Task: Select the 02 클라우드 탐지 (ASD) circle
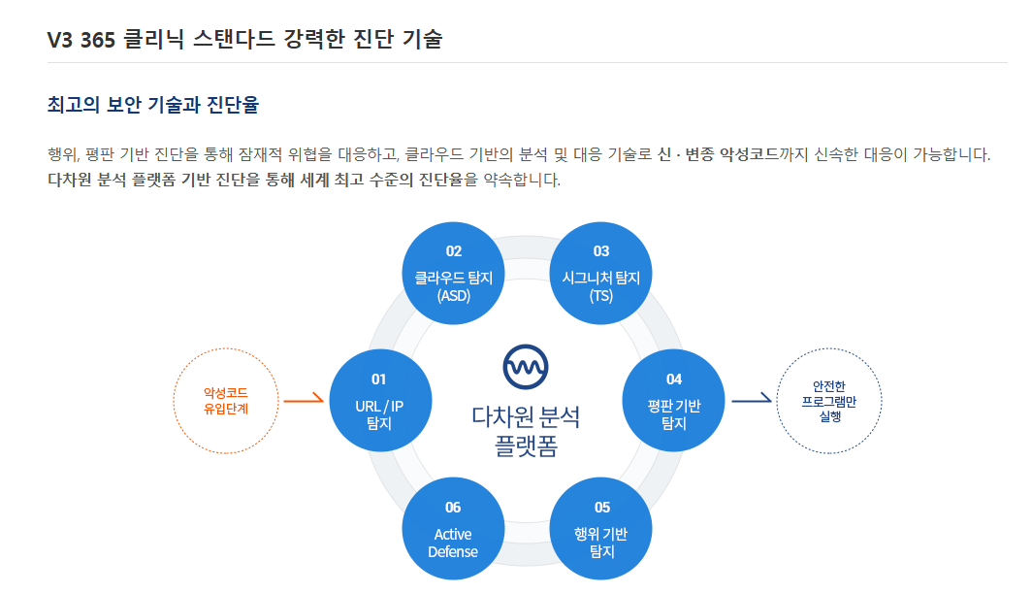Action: (453, 273)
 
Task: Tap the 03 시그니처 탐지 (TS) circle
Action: (600, 273)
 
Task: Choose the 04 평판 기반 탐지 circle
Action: (673, 399)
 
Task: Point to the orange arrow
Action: (304, 399)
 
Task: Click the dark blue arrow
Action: (751, 399)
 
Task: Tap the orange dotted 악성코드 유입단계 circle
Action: (225, 401)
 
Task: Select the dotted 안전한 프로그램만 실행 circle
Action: (828, 401)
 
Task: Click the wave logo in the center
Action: (526, 366)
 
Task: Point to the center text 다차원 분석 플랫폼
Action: (526, 431)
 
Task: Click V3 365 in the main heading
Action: (81, 40)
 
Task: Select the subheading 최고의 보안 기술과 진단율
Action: (152, 105)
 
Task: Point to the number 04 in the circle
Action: (673, 379)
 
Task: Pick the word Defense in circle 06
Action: (453, 552)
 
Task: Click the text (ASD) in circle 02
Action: (453, 295)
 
